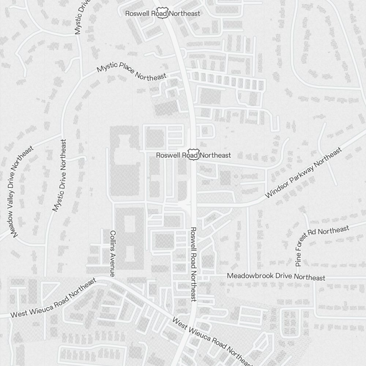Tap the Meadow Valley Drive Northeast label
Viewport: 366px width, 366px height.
[x=22, y=192]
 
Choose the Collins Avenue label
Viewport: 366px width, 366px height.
[x=113, y=253]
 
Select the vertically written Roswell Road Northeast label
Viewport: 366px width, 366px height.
[x=194, y=264]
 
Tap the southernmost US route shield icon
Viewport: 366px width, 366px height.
[x=193, y=155]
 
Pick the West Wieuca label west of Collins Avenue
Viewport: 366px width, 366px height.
[x=53, y=298]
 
